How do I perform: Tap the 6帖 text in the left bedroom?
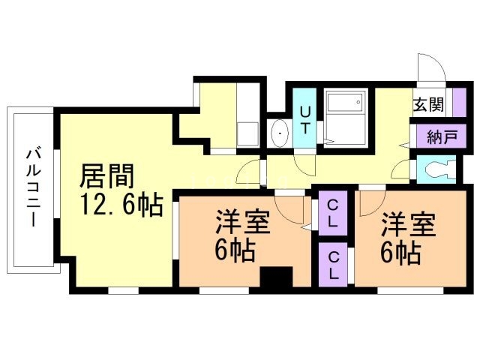tap(235, 250)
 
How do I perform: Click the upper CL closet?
tap(331, 213)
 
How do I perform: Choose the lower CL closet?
tap(331, 263)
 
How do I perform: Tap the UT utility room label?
tap(305, 119)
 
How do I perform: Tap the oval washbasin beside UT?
tap(279, 134)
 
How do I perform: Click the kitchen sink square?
tap(247, 133)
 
